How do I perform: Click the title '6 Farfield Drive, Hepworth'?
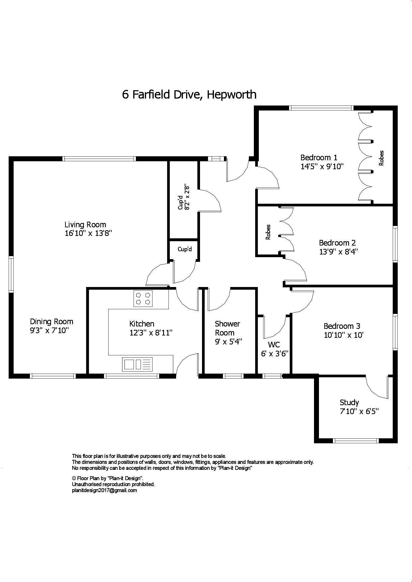click(189, 95)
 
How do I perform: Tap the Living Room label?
click(85, 225)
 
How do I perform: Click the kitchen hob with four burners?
click(143, 298)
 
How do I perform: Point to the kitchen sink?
click(137, 364)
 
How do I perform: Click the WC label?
click(274, 345)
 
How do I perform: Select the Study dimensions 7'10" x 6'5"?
click(359, 412)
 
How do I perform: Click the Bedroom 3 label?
click(342, 326)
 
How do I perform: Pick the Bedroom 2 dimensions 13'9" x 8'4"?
click(338, 252)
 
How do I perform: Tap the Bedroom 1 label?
click(319, 157)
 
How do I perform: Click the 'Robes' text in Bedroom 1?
click(381, 158)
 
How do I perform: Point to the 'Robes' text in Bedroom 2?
click(268, 232)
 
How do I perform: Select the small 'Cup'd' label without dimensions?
click(184, 249)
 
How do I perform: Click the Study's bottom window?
click(356, 441)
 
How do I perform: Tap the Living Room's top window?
click(99, 159)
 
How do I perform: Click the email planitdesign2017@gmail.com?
click(104, 490)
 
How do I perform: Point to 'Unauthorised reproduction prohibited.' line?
click(113, 484)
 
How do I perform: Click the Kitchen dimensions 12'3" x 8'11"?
click(151, 333)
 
